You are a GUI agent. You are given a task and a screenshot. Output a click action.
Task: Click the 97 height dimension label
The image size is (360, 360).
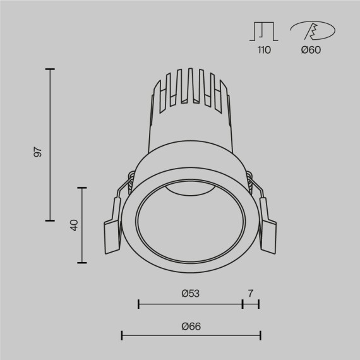click(x=38, y=152)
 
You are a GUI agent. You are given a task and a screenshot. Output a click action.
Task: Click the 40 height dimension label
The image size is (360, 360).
click(x=74, y=224)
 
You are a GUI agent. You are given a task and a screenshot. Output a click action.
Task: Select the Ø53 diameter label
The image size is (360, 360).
click(x=190, y=293)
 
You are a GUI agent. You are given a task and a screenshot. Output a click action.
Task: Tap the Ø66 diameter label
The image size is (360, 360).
click(x=190, y=326)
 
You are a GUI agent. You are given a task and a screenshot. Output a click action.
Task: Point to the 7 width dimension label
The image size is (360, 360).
click(x=251, y=293)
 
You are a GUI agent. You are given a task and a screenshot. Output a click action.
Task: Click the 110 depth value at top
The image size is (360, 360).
click(x=264, y=50)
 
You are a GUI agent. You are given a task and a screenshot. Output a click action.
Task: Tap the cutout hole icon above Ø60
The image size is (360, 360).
click(x=311, y=30)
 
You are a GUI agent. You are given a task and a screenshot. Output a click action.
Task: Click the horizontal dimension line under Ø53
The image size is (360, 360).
click(x=190, y=304)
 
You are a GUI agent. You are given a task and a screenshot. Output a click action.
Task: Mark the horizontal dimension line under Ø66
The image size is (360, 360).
click(x=190, y=335)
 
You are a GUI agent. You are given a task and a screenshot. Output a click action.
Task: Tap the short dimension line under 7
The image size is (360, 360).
click(x=251, y=304)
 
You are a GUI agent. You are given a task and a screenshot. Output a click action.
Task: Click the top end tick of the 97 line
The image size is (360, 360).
click(x=50, y=69)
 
